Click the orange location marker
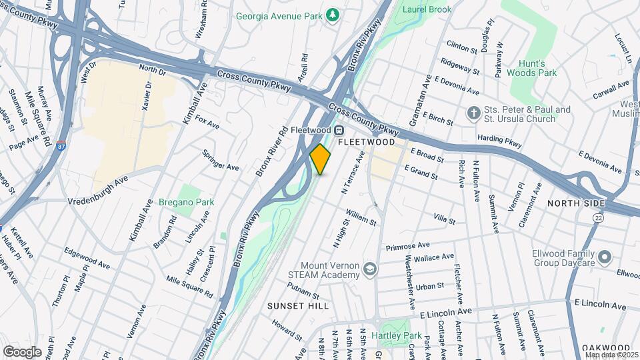click(x=321, y=159)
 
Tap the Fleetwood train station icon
click(x=339, y=130)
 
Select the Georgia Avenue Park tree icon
click(x=333, y=15)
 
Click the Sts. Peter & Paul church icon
click(x=473, y=114)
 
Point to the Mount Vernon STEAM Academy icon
click(x=370, y=269)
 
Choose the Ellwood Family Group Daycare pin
click(x=605, y=257)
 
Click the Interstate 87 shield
click(x=60, y=148)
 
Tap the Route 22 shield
click(x=598, y=218)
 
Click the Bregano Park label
click(x=177, y=202)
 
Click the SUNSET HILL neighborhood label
click(x=298, y=306)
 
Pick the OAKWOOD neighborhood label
click(x=606, y=348)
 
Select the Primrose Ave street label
click(x=407, y=246)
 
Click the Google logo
click(x=22, y=352)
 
